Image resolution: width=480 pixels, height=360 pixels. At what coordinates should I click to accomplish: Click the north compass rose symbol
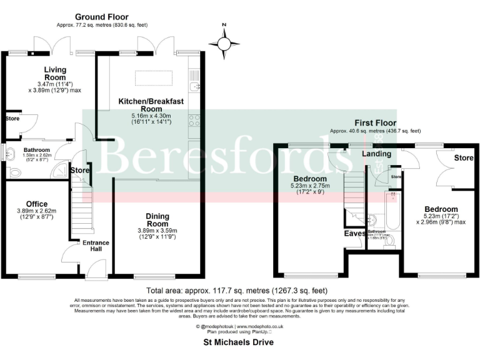(224, 43)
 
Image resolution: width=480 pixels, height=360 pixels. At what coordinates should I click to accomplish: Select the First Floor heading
(375, 123)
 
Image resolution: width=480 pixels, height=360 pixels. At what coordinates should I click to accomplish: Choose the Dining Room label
(157, 219)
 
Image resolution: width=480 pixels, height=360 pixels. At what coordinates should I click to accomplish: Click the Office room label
(37, 203)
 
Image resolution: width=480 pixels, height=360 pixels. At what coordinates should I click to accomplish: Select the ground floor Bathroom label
(37, 150)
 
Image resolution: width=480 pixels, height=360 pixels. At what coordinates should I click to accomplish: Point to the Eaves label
(355, 234)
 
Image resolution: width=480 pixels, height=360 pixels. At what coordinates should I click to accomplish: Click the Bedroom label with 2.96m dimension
(441, 209)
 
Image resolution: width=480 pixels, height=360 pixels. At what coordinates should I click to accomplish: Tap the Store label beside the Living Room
(12, 117)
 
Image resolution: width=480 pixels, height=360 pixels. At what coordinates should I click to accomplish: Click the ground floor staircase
(80, 212)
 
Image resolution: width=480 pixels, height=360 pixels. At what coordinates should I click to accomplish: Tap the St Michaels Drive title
(239, 342)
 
